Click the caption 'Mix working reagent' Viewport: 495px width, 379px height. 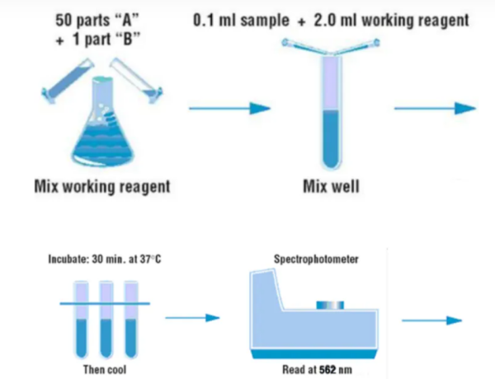pyautogui.click(x=102, y=186)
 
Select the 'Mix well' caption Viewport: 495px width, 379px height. pyautogui.click(x=339, y=186)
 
